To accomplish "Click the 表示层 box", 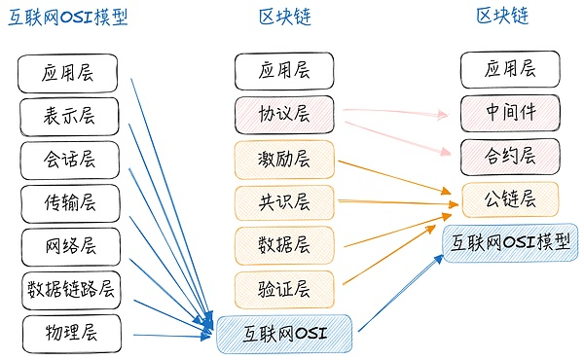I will coord(68,117).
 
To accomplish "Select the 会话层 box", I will coord(68,160).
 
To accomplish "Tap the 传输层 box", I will coord(68,202).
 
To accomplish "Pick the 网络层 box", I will coord(68,245).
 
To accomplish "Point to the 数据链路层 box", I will coord(71,289).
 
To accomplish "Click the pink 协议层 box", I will coord(284,116).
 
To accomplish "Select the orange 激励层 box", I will coord(284,159).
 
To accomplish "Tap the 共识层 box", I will coord(284,202).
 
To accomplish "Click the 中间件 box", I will coord(510,112).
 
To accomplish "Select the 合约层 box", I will coord(510,156).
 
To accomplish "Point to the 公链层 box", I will coord(510,199).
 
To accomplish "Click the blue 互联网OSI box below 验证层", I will coord(284,335).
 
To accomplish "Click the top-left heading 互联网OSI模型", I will coord(68,18).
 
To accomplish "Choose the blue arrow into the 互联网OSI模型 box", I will coord(399,292).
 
